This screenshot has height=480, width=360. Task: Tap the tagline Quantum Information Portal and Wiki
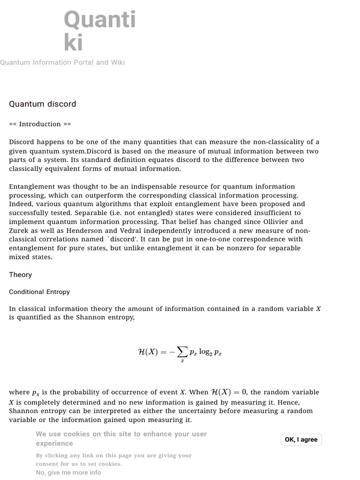[x=62, y=62]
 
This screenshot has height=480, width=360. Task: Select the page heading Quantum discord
[x=42, y=104]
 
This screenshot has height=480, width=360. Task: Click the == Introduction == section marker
[x=40, y=124]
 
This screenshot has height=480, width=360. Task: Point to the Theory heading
[x=21, y=275]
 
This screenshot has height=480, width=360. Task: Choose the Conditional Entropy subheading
[x=39, y=292]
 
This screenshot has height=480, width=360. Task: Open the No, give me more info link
[x=68, y=472]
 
